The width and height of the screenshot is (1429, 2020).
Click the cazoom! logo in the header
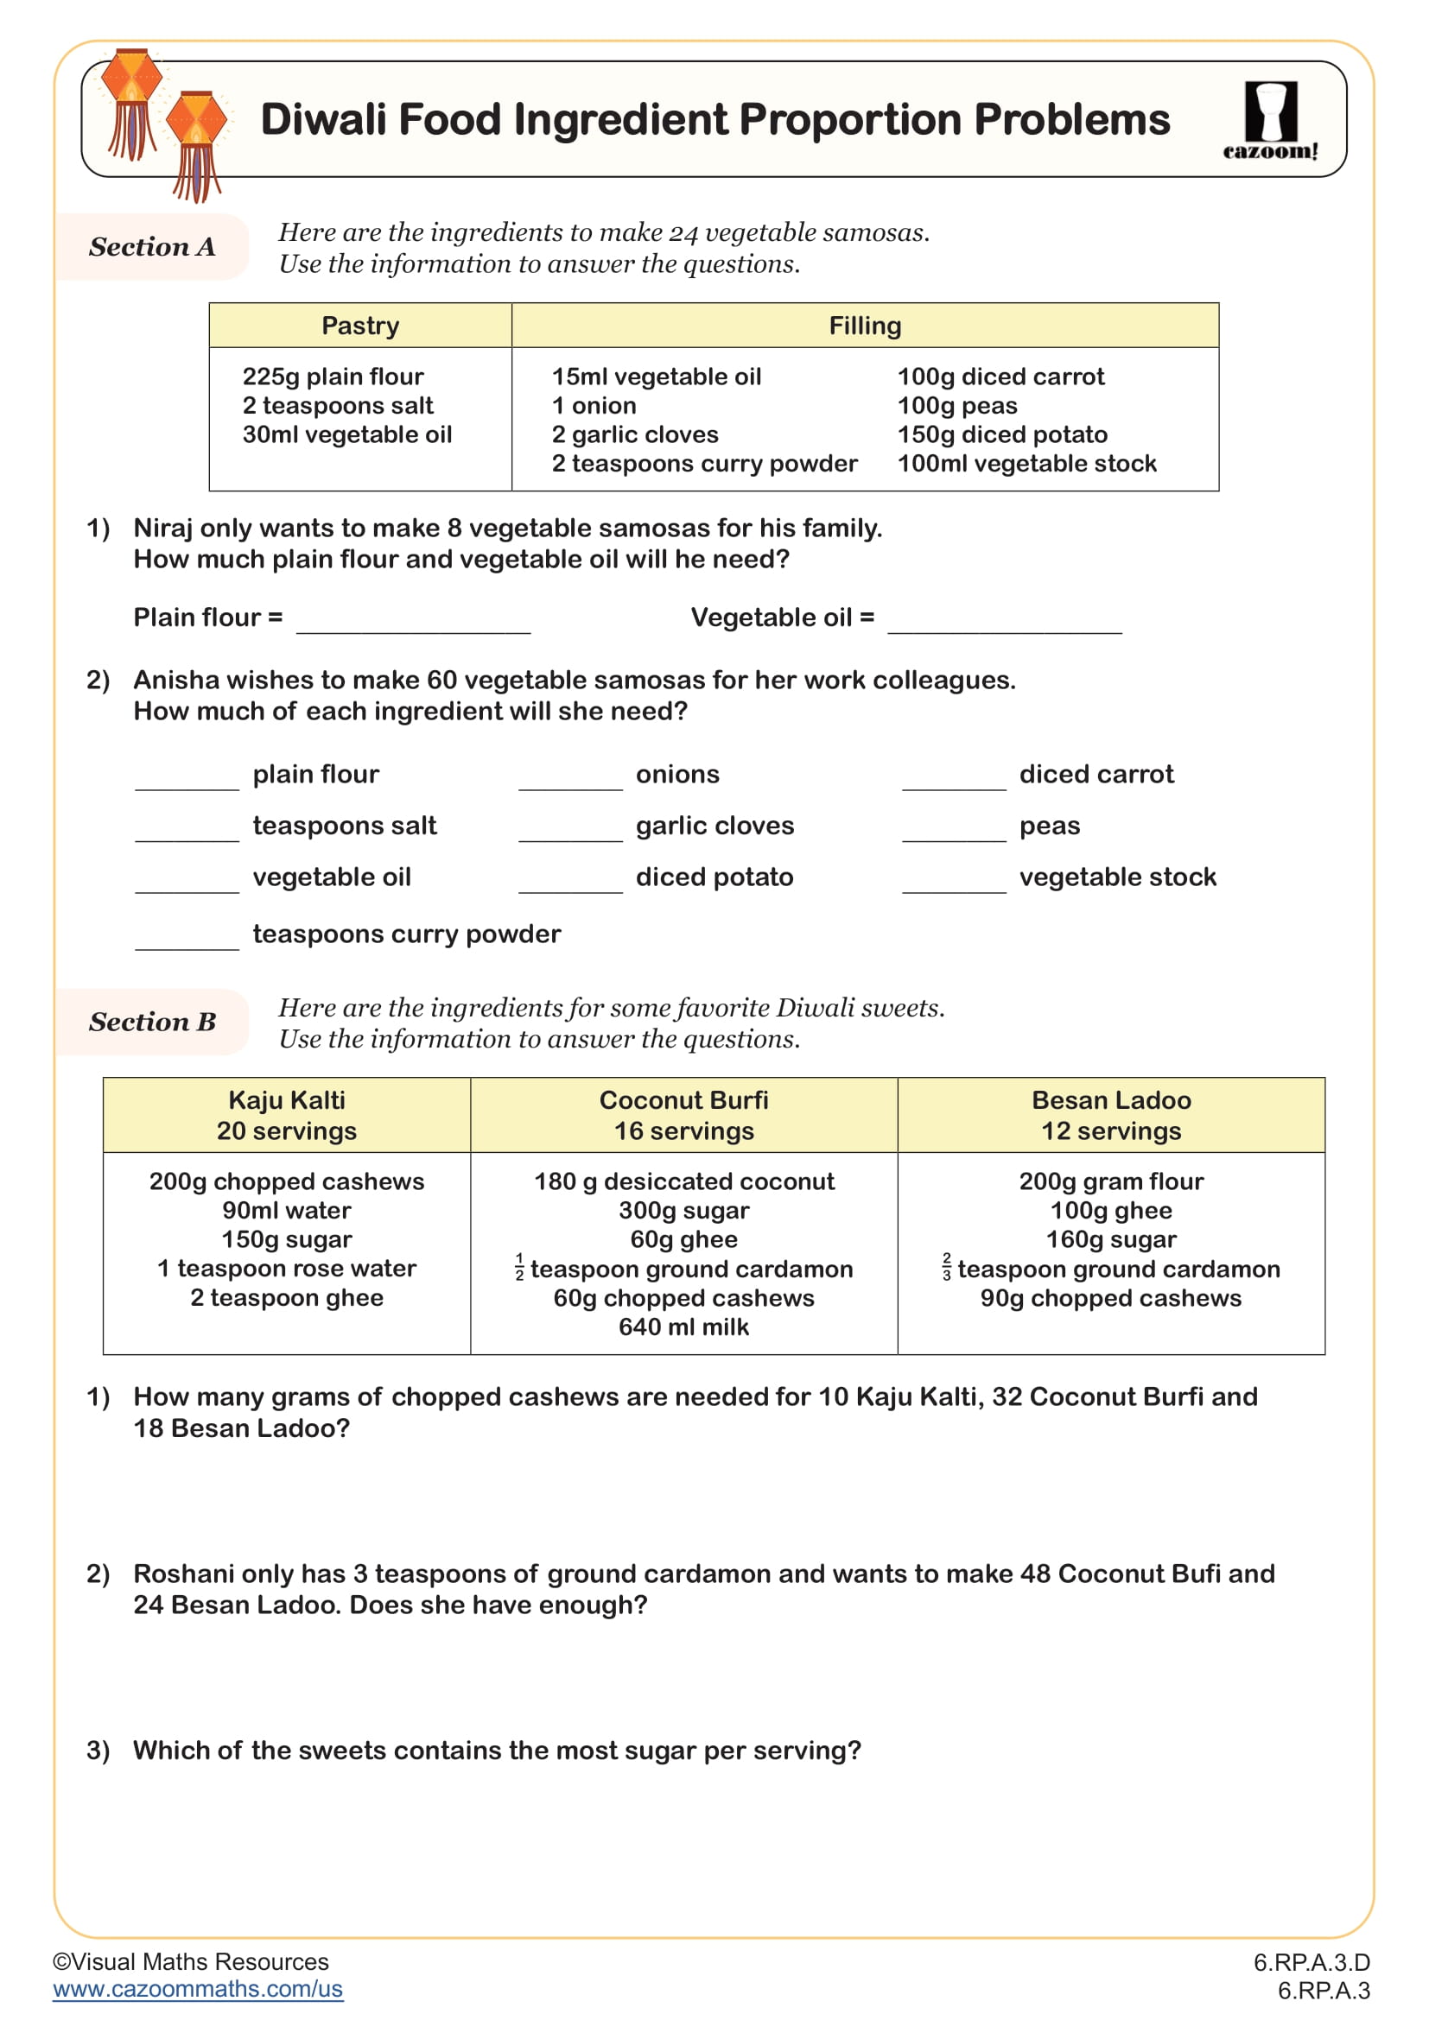coord(1270,121)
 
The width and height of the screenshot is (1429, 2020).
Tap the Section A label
coord(151,247)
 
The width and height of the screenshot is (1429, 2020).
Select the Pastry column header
coord(360,326)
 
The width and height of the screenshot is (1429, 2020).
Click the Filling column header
coord(864,326)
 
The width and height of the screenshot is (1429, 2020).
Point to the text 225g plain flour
coord(333,377)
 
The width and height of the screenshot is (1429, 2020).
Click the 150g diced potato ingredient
coord(1001,434)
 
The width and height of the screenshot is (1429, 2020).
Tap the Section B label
coord(151,1022)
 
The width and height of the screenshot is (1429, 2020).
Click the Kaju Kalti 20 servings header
coord(287,1115)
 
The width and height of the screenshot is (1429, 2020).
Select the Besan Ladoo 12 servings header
coord(1110,1115)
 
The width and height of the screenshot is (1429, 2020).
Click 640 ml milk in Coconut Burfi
coord(683,1327)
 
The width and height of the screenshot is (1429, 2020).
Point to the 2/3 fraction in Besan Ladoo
coord(946,1267)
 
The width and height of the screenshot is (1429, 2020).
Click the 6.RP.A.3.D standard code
coord(1312,1962)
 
